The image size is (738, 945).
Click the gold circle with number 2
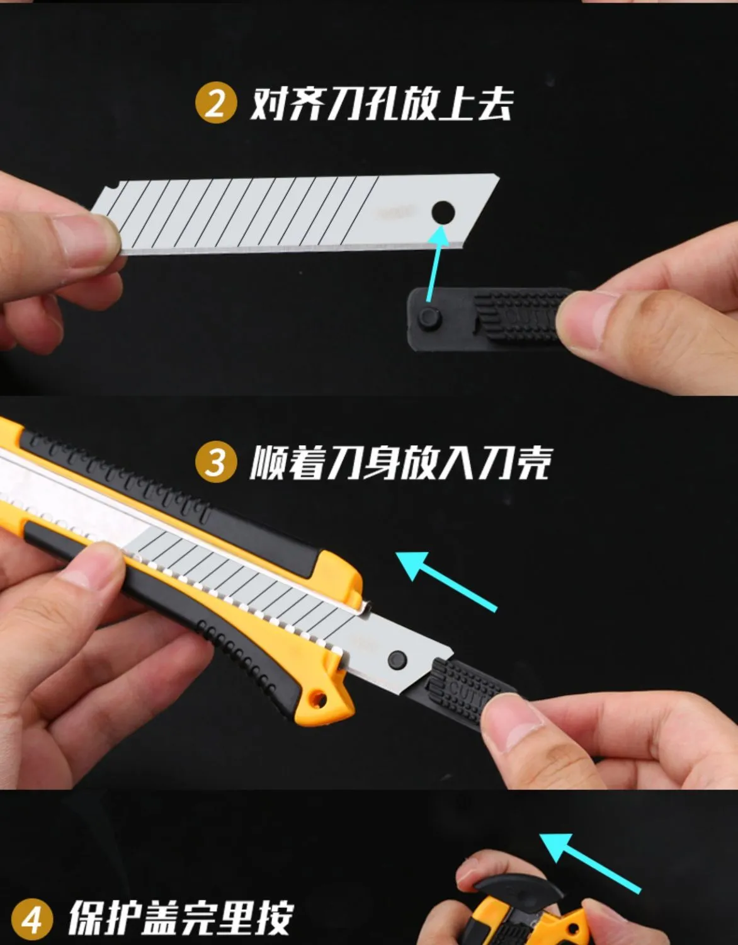point(216,103)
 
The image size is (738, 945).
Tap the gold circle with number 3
point(216,461)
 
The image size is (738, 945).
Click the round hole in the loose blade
point(443,213)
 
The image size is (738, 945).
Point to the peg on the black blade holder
point(430,318)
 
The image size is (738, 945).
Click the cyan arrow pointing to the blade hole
point(437,263)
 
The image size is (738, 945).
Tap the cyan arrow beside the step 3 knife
point(446,581)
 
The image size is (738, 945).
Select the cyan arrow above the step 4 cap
point(590,863)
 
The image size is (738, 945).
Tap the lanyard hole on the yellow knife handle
point(319,699)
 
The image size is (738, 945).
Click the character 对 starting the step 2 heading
point(269,103)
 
